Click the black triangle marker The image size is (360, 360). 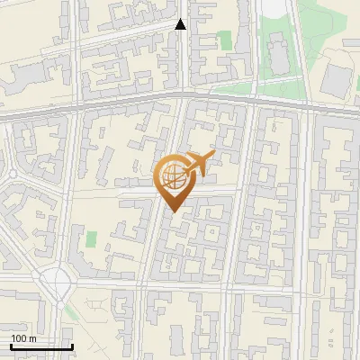(x=181, y=24)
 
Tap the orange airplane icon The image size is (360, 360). (x=199, y=165)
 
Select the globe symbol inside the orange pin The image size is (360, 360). (x=174, y=177)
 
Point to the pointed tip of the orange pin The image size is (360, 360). (x=174, y=211)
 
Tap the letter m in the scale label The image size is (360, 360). (x=32, y=338)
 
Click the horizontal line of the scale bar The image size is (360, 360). (x=41, y=346)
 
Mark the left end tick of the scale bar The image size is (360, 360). (x=11, y=345)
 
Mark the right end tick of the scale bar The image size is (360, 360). (x=72, y=345)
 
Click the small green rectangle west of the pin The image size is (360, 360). (x=91, y=240)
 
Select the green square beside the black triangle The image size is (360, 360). (x=224, y=40)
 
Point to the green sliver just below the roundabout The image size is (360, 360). (x=70, y=310)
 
